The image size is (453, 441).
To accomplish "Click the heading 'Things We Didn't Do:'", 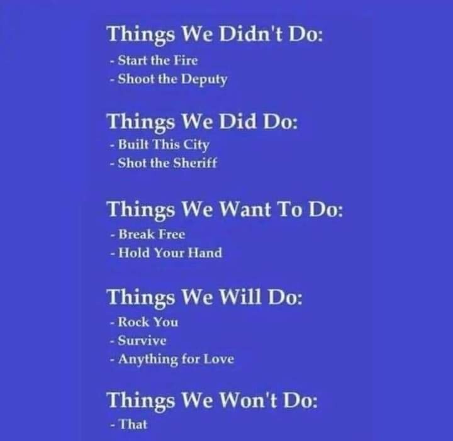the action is click(x=215, y=35).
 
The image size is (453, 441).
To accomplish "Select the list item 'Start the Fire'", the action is click(x=158, y=60).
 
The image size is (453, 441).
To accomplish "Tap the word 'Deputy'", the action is click(x=204, y=80).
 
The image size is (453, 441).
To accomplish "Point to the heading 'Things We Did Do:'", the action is click(x=202, y=122).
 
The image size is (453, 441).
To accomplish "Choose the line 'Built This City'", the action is click(x=164, y=145).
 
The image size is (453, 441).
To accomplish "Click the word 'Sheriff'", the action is click(x=195, y=163).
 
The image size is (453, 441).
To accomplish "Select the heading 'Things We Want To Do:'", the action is click(x=225, y=209).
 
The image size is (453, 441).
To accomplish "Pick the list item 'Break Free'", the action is click(x=152, y=234).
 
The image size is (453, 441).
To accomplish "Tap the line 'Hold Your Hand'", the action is click(x=170, y=253).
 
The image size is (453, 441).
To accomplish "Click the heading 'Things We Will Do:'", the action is click(x=204, y=297).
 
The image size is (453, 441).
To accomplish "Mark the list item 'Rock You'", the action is click(x=148, y=322).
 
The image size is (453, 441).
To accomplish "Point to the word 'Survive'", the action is click(x=142, y=340).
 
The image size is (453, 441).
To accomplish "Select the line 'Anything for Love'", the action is click(x=176, y=360).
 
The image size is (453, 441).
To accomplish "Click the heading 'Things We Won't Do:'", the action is click(x=212, y=401).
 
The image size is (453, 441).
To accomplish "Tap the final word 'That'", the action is click(x=133, y=424).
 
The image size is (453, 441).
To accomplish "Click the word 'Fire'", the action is click(x=186, y=60).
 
